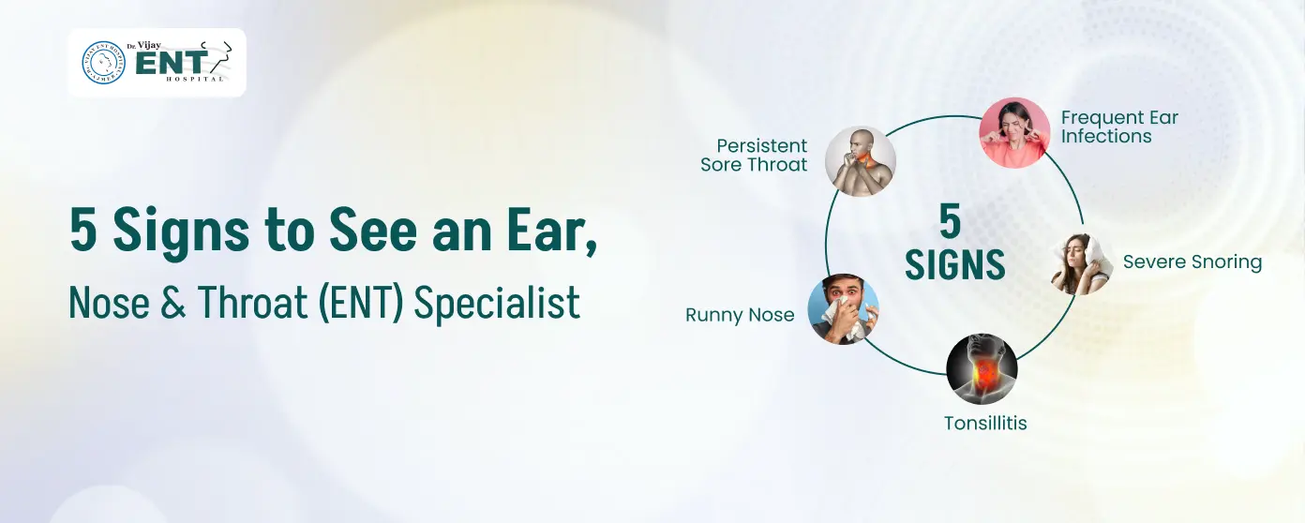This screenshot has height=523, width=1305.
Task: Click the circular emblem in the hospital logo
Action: (104, 63)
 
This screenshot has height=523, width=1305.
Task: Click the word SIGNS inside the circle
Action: (955, 265)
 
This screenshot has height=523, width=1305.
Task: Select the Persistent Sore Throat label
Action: (755, 156)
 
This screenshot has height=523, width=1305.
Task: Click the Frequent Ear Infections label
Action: (1118, 127)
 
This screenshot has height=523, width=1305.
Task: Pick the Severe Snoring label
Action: (1192, 262)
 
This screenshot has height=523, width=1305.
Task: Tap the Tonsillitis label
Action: (985, 424)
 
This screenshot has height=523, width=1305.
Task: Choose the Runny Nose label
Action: (740, 315)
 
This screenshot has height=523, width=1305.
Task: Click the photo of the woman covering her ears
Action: (1014, 132)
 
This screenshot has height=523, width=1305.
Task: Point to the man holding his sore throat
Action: (860, 161)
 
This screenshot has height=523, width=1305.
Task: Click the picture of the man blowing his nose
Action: (843, 309)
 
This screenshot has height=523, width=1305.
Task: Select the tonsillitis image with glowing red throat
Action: (982, 368)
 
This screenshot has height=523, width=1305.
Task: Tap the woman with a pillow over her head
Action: (1081, 264)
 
